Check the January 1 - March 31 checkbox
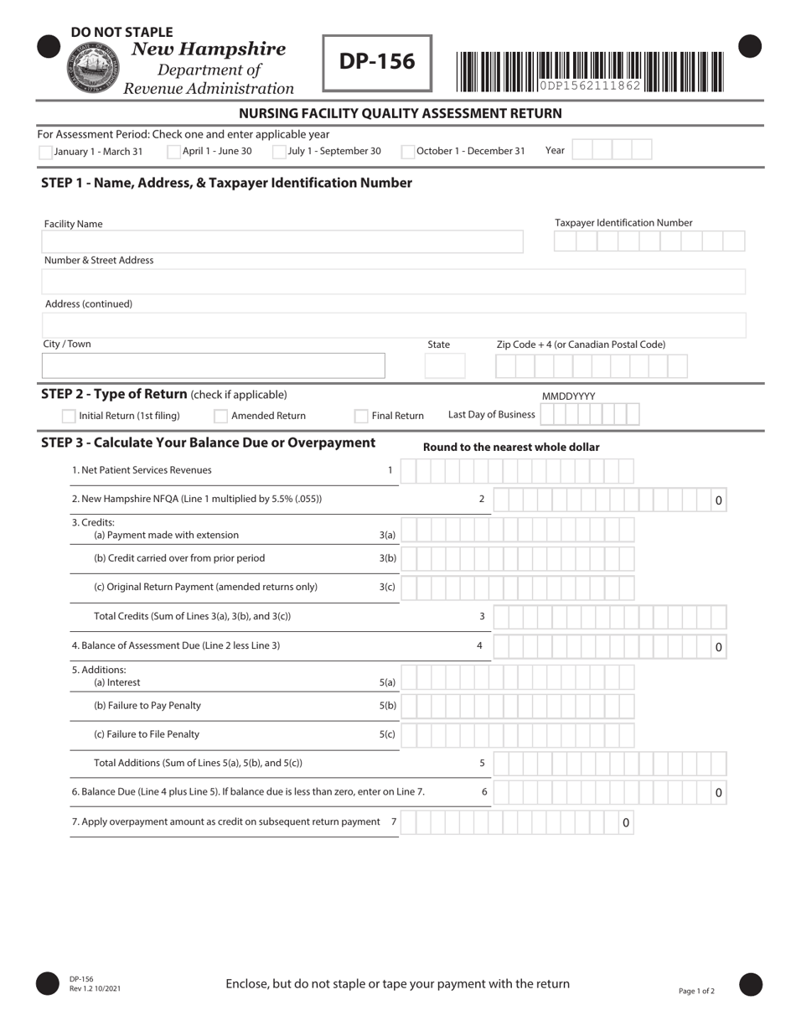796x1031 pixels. pos(45,152)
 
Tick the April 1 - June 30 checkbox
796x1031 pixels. pos(173,152)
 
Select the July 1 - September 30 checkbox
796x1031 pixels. pos(279,152)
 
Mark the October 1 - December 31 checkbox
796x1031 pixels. pos(408,152)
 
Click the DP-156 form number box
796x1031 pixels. pos(377,62)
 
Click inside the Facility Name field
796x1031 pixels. pos(282,242)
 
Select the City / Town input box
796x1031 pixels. pos(213,366)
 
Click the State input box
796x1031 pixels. pos(445,366)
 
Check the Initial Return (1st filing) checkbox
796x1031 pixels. pos(69,416)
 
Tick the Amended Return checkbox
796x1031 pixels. pos(221,416)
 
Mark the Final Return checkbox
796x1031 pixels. pos(361,416)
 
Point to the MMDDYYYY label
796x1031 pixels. pos(568,396)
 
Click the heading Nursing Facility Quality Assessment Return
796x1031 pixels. pos(401,113)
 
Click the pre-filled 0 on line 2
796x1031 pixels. pos(718,500)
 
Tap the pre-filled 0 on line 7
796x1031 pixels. pos(625,823)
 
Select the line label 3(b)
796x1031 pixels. pos(387,558)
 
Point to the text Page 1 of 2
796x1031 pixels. pos(696,991)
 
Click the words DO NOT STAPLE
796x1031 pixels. pos(121,32)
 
